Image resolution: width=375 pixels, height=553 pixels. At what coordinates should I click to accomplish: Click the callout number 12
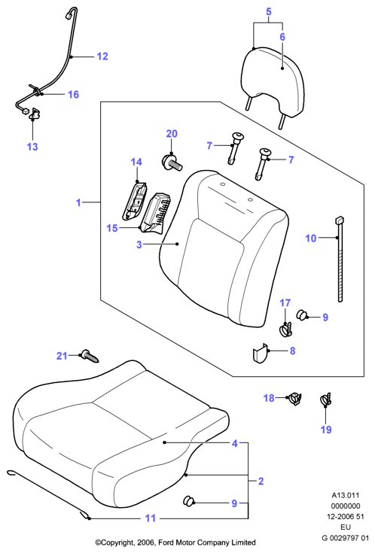pyautogui.click(x=102, y=56)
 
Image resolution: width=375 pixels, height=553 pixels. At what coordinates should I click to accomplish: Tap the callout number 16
pyautogui.click(x=74, y=94)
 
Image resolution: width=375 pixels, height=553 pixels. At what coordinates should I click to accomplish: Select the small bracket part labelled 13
pyautogui.click(x=35, y=114)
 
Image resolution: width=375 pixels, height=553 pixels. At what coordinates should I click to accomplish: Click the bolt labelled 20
pyautogui.click(x=171, y=163)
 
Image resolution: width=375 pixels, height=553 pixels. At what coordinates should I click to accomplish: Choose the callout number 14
pyautogui.click(x=136, y=162)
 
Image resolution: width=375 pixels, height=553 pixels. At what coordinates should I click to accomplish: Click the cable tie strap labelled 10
pyautogui.click(x=340, y=259)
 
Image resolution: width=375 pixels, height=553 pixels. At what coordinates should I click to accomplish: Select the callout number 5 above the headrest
pyautogui.click(x=268, y=11)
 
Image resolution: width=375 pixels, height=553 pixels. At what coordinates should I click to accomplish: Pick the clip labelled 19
pyautogui.click(x=326, y=400)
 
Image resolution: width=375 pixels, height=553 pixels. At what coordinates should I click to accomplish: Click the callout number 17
pyautogui.click(x=285, y=303)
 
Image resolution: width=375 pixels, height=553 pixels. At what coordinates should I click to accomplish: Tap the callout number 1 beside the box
pyautogui.click(x=78, y=202)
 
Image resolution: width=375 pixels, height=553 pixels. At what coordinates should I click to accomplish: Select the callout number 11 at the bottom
pyautogui.click(x=151, y=518)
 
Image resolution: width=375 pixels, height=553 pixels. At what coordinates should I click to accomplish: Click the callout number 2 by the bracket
pyautogui.click(x=261, y=481)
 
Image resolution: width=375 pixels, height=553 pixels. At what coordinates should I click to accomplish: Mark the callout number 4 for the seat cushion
pyautogui.click(x=235, y=443)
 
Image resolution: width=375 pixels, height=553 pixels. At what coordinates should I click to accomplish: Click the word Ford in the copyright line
pyautogui.click(x=165, y=542)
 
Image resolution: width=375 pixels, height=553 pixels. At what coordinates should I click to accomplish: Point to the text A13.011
pyautogui.click(x=346, y=496)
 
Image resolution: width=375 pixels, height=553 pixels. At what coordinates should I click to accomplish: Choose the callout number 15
pyautogui.click(x=112, y=228)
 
